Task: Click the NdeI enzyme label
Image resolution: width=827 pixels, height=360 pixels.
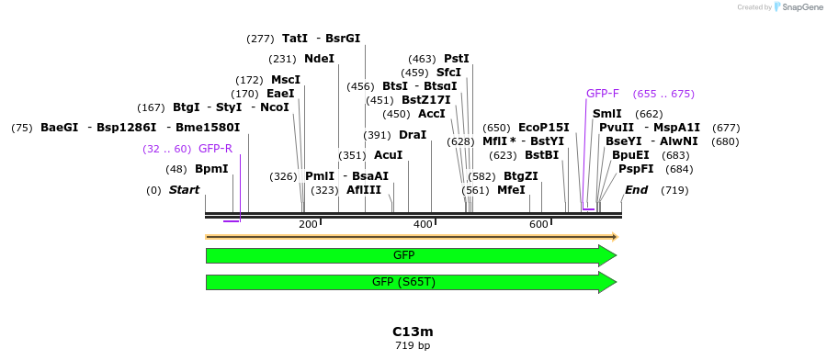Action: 319,59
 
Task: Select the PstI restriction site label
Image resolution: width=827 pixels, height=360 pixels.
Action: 457,59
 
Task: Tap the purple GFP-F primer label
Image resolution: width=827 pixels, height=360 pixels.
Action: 603,94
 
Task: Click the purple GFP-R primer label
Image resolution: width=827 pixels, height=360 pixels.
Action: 215,149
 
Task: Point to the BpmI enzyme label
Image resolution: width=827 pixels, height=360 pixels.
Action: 211,169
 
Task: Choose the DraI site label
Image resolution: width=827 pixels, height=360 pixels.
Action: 413,135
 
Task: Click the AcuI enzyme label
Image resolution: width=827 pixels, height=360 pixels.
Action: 389,155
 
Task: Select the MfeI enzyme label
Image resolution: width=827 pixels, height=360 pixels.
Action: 511,190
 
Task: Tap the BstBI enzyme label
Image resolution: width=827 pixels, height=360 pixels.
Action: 541,155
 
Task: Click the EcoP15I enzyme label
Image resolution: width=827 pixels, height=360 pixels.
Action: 544,128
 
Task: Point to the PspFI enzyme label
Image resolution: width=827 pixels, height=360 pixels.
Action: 636,169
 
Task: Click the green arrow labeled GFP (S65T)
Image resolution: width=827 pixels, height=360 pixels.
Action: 411,282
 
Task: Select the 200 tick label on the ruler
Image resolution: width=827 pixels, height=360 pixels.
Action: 308,224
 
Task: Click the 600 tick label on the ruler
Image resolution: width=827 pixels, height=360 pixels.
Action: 538,224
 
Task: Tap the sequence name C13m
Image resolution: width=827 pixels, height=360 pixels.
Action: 413,331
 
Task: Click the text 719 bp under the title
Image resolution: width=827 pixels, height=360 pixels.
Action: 413,346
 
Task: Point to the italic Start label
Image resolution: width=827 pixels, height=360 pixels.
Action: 184,190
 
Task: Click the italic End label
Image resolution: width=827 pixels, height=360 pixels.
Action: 636,190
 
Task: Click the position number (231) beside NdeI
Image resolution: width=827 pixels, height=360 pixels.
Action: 282,59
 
